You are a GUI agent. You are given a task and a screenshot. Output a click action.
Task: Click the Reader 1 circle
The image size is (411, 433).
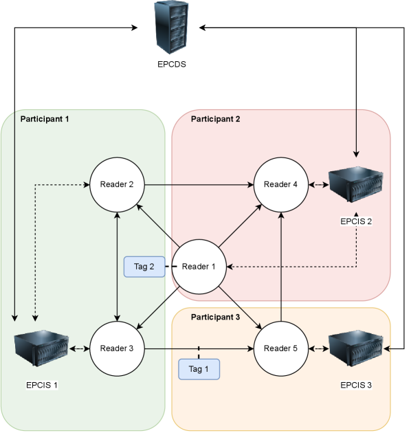(199, 267)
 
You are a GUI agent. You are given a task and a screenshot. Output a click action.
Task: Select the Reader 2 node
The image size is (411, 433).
(118, 184)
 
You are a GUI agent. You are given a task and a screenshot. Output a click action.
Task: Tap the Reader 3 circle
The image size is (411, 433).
(118, 348)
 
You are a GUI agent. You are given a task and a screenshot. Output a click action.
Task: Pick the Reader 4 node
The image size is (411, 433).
(281, 184)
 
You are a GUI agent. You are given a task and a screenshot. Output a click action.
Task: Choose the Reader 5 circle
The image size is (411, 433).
(281, 348)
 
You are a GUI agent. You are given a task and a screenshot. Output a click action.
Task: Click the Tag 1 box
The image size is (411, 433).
(199, 369)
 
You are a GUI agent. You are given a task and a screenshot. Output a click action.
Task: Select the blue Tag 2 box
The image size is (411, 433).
(144, 267)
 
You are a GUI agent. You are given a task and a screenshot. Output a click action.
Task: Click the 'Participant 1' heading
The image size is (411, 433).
(45, 119)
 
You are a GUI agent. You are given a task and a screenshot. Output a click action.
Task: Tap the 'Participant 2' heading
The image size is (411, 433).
(216, 119)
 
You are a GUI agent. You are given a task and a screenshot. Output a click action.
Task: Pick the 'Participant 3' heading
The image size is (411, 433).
(216, 317)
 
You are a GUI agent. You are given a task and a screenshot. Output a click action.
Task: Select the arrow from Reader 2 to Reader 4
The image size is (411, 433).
(199, 184)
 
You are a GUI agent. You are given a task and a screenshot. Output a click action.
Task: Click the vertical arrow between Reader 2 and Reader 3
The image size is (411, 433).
(118, 267)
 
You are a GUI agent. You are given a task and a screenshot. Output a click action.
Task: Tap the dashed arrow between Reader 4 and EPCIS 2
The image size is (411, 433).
(318, 184)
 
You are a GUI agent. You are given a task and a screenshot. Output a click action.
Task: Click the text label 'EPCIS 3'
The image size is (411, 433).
(356, 384)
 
